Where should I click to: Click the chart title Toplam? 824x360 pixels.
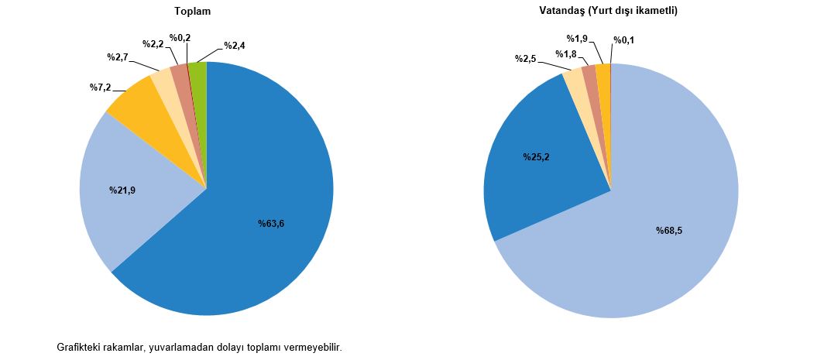tap(193, 12)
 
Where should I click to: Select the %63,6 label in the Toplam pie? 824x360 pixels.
tap(272, 224)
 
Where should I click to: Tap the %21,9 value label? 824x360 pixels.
tap(122, 190)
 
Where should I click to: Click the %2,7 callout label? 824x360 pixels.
tap(117, 57)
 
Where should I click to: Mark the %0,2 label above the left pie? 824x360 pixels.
tap(181, 37)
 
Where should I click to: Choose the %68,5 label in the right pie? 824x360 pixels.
tap(669, 231)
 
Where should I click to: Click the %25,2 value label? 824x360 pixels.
tap(535, 158)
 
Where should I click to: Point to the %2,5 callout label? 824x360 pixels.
tap(526, 59)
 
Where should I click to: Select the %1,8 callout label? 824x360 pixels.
tap(566, 53)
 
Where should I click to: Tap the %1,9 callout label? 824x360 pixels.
tap(579, 38)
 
